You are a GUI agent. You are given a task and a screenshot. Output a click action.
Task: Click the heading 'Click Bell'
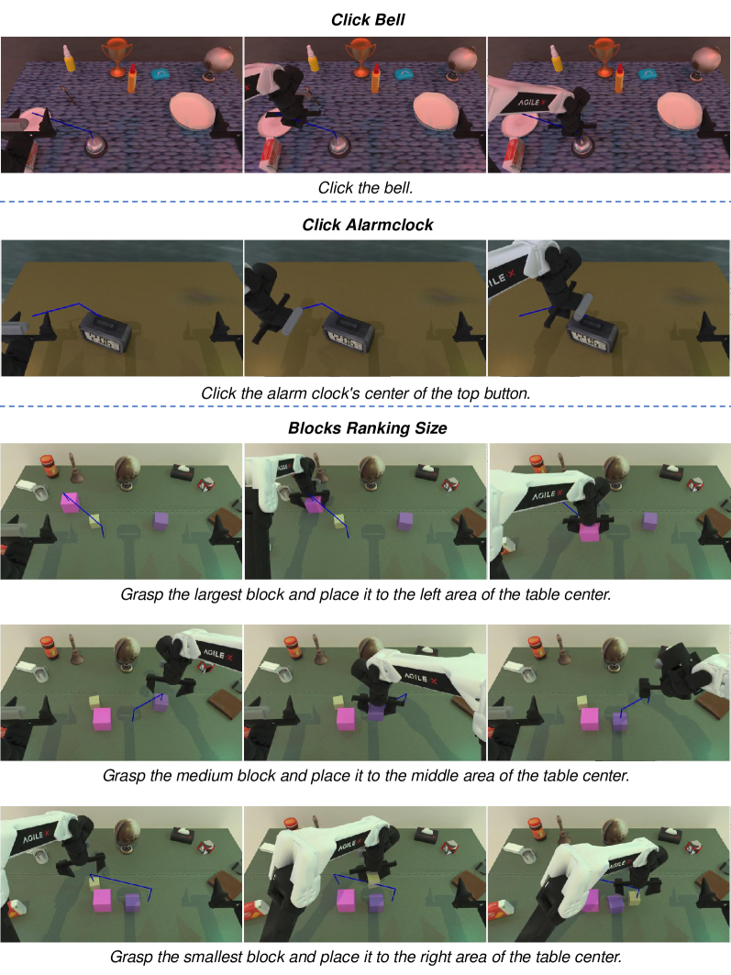[x=368, y=20]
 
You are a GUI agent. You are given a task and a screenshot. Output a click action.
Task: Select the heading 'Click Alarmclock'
[x=368, y=225]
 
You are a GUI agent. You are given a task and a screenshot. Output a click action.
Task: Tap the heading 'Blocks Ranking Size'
[x=368, y=427]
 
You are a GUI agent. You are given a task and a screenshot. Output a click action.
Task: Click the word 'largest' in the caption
[x=218, y=594]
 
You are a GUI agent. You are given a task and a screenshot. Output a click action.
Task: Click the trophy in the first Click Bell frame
[x=117, y=57]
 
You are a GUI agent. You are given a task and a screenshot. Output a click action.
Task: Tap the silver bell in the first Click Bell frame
[x=95, y=148]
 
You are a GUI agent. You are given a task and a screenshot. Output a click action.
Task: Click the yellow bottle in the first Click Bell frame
[x=69, y=57]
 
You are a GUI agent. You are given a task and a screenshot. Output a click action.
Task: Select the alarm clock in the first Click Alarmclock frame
[x=105, y=334]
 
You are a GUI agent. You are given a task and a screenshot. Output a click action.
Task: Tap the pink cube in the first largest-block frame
[x=70, y=502]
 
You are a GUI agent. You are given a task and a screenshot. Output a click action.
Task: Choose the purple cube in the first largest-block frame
[x=161, y=520]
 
